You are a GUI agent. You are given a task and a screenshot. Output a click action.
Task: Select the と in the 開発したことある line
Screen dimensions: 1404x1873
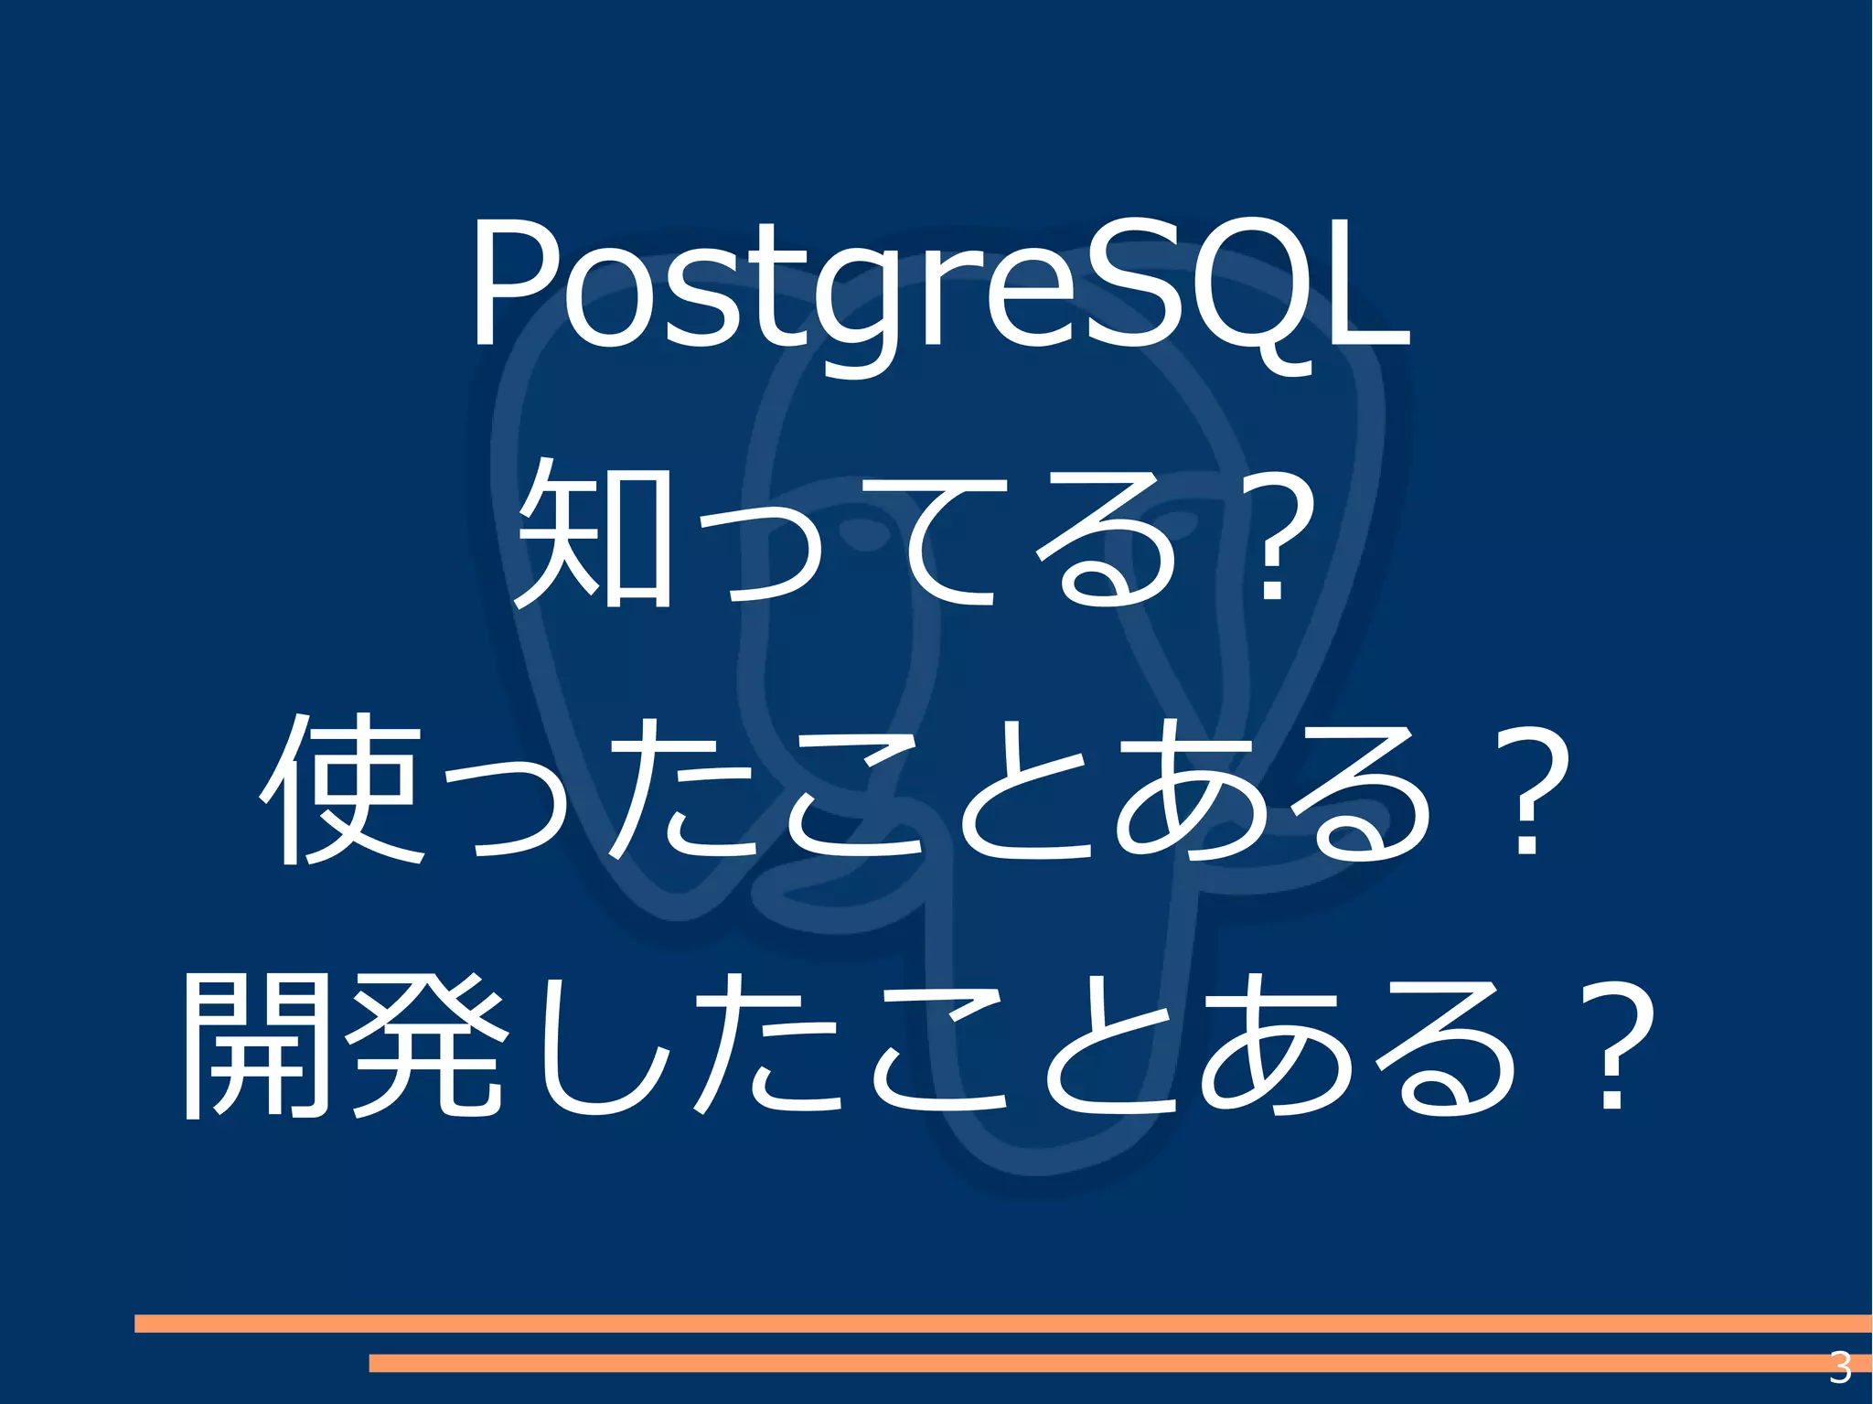pyautogui.click(x=1107, y=1047)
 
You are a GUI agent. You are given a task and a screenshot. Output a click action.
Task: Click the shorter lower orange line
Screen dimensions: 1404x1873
pyautogui.click(x=1097, y=1363)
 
